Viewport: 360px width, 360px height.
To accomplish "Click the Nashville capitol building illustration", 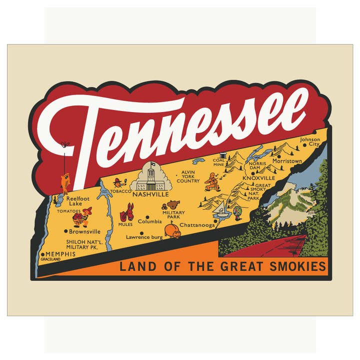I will click(151, 175).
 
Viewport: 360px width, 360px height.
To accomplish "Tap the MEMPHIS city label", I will click(60, 254).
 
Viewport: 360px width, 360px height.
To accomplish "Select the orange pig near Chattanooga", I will click(172, 231).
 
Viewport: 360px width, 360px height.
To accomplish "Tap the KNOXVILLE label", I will click(258, 178).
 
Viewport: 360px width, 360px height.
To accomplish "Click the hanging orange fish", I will click(65, 182).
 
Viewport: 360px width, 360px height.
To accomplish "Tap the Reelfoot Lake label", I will click(75, 201).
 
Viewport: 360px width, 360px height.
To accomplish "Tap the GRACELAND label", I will click(50, 260).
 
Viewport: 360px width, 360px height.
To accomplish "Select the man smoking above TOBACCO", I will click(118, 182).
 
